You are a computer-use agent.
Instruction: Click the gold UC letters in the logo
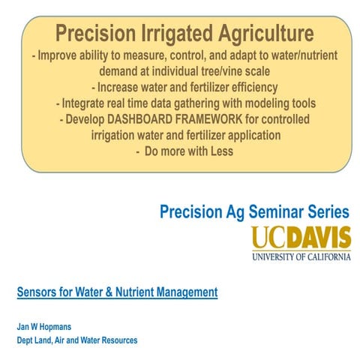click(x=268, y=238)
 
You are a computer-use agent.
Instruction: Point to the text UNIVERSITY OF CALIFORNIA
click(x=301, y=256)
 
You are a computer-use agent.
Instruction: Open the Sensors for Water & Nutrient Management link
click(x=117, y=291)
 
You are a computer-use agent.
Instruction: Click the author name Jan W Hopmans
click(x=48, y=326)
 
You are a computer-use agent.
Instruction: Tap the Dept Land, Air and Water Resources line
click(x=77, y=340)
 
